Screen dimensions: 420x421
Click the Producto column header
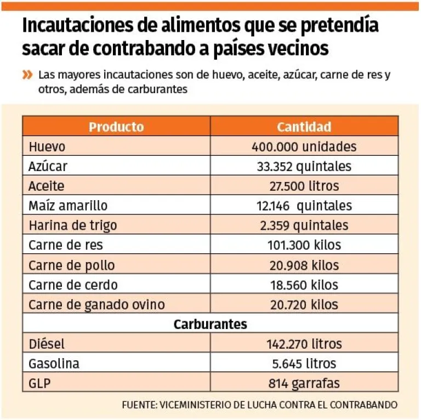point(116,127)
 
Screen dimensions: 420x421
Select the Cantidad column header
point(304,127)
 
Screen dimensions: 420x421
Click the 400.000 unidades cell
point(304,147)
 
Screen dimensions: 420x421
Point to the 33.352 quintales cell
point(304,167)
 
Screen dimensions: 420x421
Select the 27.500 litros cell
point(304,186)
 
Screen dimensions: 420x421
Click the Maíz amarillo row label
point(68,206)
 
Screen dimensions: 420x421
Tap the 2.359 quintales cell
point(304,226)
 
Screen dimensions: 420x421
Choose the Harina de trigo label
point(72,226)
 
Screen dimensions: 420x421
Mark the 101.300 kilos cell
point(304,246)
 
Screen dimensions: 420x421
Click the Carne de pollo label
point(71,265)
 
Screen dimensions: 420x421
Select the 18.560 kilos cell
point(304,285)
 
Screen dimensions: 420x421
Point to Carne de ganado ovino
point(96,305)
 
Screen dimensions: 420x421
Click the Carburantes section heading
point(210,325)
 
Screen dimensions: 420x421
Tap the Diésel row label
point(47,344)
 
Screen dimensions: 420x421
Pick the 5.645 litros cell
point(304,364)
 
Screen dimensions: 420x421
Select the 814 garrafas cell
point(304,383)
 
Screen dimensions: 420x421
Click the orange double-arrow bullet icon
point(27,75)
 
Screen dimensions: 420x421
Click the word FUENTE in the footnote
point(139,406)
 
